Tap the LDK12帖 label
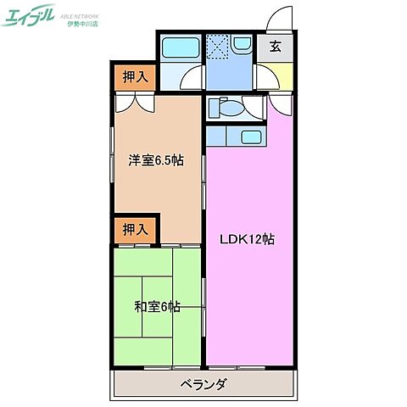pyautogui.click(x=247, y=240)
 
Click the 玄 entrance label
pyautogui.click(x=276, y=47)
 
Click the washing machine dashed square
pyautogui.click(x=219, y=48)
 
